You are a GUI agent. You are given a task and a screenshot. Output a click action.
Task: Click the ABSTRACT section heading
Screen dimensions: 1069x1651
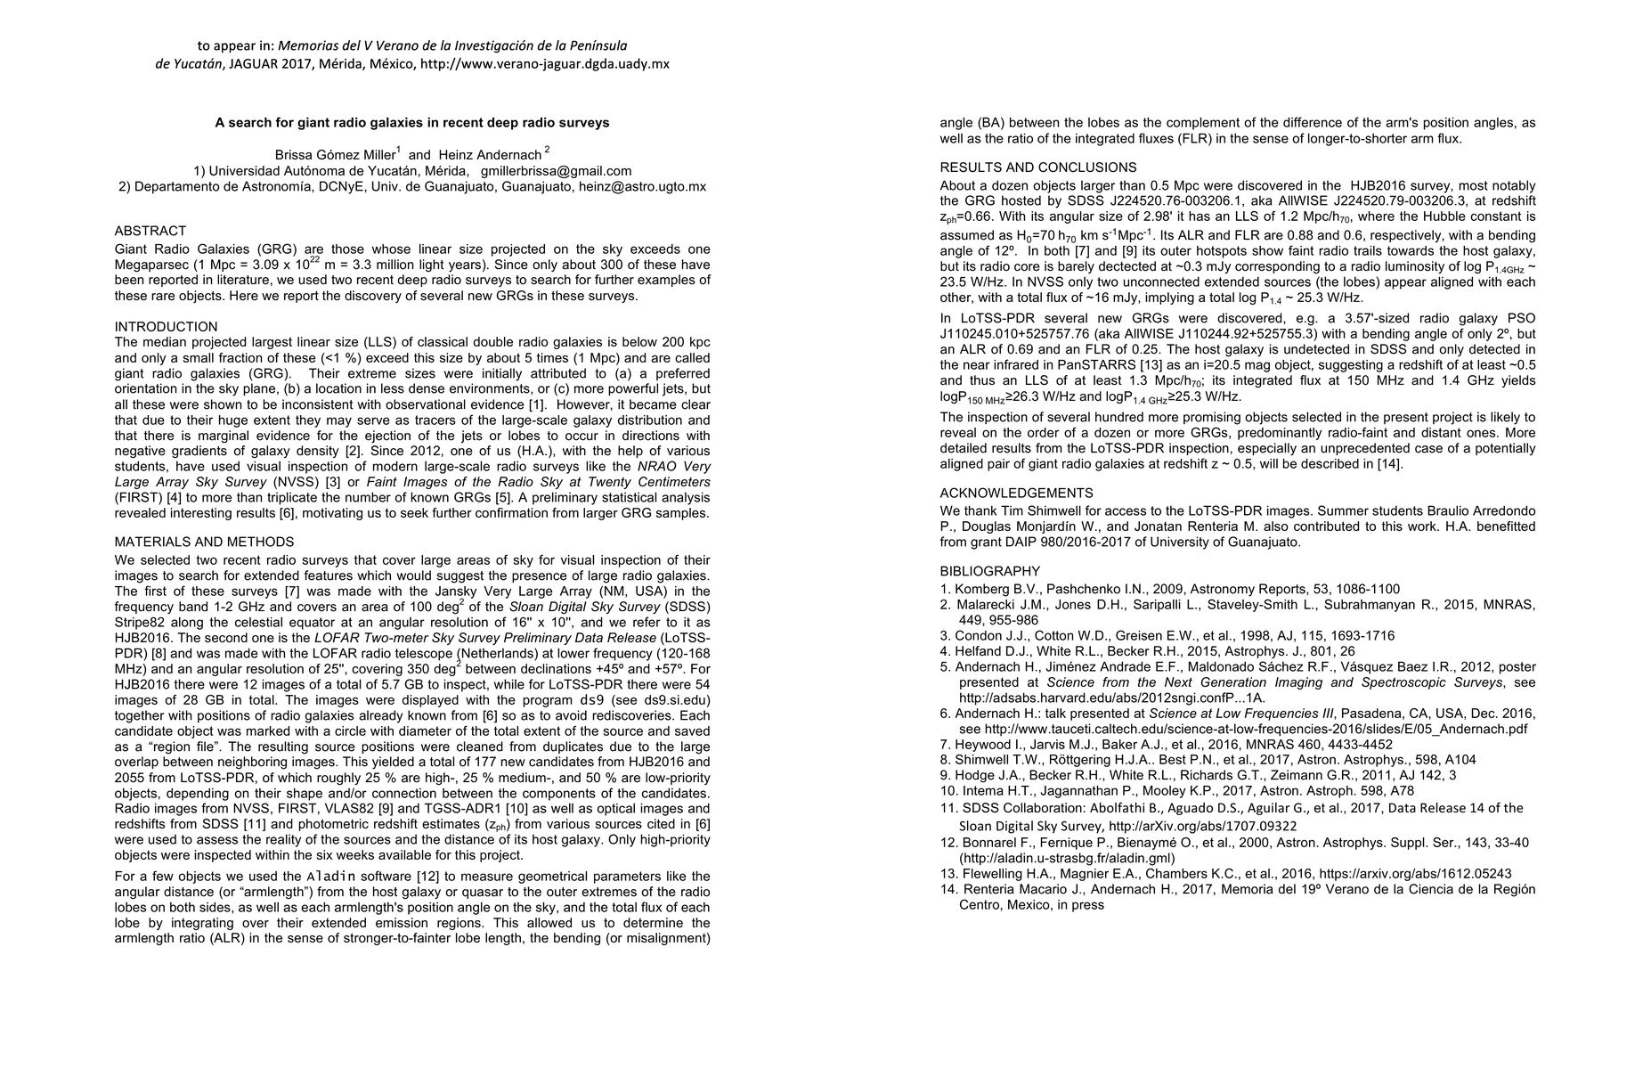click(150, 231)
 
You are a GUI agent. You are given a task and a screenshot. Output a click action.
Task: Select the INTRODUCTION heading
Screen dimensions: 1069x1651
click(166, 327)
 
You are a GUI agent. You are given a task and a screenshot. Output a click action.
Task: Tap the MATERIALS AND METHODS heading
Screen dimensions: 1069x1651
click(204, 542)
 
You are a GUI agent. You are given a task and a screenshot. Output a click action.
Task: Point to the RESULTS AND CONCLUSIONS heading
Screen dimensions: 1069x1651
click(1038, 167)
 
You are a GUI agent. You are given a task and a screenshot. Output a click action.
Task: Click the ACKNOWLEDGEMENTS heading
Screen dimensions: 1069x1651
click(1016, 493)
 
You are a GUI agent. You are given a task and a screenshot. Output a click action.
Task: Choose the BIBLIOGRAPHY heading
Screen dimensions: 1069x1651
click(989, 571)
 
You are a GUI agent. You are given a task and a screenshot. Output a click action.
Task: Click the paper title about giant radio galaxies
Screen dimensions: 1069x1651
click(411, 123)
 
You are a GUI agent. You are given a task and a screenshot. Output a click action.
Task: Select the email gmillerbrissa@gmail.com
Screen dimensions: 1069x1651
click(556, 171)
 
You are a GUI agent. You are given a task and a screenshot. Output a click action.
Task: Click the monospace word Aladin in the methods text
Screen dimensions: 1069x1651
click(331, 877)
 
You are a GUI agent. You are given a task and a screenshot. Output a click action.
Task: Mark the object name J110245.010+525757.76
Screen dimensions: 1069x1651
click(1014, 334)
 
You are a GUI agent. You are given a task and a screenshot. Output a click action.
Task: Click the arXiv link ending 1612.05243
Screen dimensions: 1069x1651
click(1415, 874)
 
